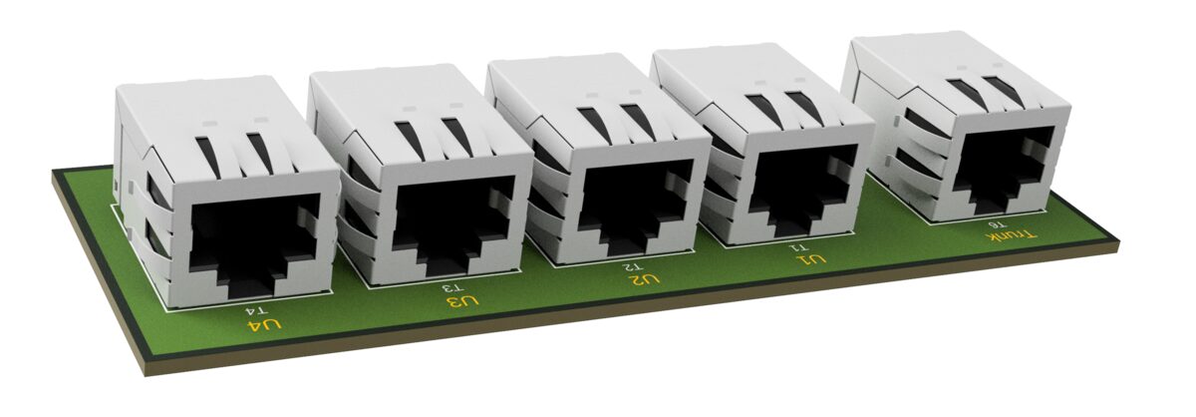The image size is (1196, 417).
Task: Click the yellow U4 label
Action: click(264, 325)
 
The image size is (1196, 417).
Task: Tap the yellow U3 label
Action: click(463, 302)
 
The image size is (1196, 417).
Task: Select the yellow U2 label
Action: click(644, 278)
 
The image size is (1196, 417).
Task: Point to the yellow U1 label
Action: click(811, 259)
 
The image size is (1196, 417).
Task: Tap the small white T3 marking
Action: click(454, 288)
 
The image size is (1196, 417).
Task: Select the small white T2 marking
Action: click(632, 266)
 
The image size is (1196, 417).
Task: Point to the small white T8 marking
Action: click(996, 225)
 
